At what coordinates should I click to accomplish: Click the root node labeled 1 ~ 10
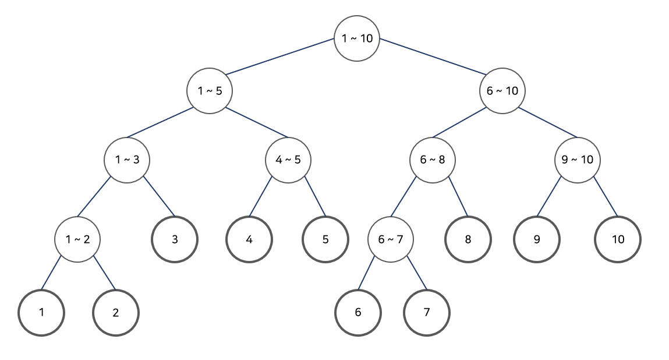(357, 39)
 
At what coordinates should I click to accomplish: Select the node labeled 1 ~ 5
(210, 91)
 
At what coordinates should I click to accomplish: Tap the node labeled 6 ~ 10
(502, 91)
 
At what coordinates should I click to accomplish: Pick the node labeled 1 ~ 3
(126, 160)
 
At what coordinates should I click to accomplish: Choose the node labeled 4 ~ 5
(288, 160)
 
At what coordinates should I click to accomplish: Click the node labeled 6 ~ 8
(432, 160)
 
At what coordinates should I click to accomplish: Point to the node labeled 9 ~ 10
(578, 160)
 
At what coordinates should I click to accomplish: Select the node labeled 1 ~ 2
(77, 239)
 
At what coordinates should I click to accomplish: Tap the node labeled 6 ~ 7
(391, 239)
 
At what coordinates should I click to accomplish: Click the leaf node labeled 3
(175, 239)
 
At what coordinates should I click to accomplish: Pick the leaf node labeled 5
(325, 239)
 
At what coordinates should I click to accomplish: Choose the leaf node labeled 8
(468, 239)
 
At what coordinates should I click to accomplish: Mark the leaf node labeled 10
(618, 239)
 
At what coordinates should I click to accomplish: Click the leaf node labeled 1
(41, 312)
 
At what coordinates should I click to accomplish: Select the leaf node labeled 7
(427, 312)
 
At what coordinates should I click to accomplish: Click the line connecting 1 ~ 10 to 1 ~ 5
(280, 57)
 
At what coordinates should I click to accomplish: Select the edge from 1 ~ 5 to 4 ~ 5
(257, 122)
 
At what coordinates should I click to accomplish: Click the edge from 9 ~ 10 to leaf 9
(548, 198)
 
